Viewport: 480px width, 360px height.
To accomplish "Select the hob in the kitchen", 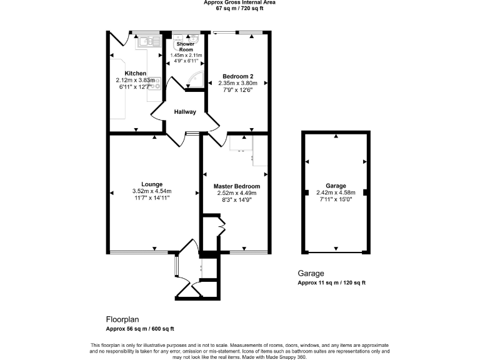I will coord(156,82).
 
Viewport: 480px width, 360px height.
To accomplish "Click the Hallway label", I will coord(185,112).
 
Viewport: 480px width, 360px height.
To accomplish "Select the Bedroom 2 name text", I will coord(237,76).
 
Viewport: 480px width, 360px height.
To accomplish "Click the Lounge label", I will coord(152,184).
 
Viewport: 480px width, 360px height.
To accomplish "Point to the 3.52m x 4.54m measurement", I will coord(152,191).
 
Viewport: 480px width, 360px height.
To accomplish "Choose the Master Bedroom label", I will coord(237,186).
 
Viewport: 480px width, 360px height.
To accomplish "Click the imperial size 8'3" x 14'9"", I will coord(237,200).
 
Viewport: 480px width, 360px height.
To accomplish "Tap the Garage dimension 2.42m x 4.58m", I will coord(336,192).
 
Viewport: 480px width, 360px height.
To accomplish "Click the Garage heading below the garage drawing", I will coord(310,274).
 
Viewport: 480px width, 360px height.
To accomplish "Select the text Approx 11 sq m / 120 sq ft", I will coord(331,283).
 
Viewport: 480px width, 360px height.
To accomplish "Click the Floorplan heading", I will coord(122,319).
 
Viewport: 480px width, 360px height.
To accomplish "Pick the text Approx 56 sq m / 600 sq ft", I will coord(140,329).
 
